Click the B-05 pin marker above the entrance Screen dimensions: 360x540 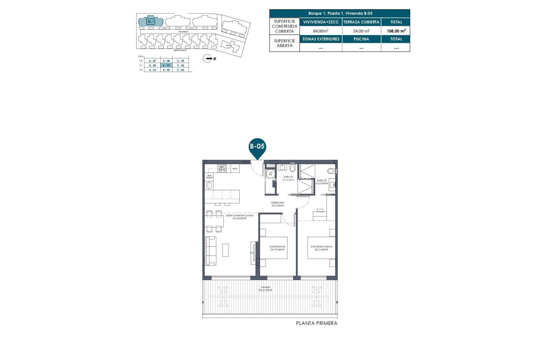point(257,147)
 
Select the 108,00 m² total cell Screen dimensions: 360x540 point(396,31)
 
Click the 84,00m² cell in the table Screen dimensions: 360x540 point(321,31)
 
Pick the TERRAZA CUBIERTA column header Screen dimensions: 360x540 point(361,22)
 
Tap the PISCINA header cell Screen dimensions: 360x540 point(361,39)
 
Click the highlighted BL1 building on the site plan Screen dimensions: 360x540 point(151,22)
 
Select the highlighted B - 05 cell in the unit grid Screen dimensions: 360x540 point(166,65)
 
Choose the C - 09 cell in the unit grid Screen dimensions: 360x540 point(180,61)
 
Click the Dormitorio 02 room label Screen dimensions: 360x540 point(277,248)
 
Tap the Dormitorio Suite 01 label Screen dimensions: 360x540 point(321,248)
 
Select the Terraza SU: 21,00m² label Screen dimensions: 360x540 point(265,289)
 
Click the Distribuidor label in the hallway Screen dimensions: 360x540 point(278,204)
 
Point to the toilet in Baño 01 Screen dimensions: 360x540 point(292,168)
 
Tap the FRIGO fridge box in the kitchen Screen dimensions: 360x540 point(235,169)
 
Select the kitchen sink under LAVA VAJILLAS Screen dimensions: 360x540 point(209,185)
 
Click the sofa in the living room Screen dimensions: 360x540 point(211,251)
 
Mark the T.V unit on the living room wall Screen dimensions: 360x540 point(253,253)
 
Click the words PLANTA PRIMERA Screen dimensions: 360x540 point(316,323)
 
